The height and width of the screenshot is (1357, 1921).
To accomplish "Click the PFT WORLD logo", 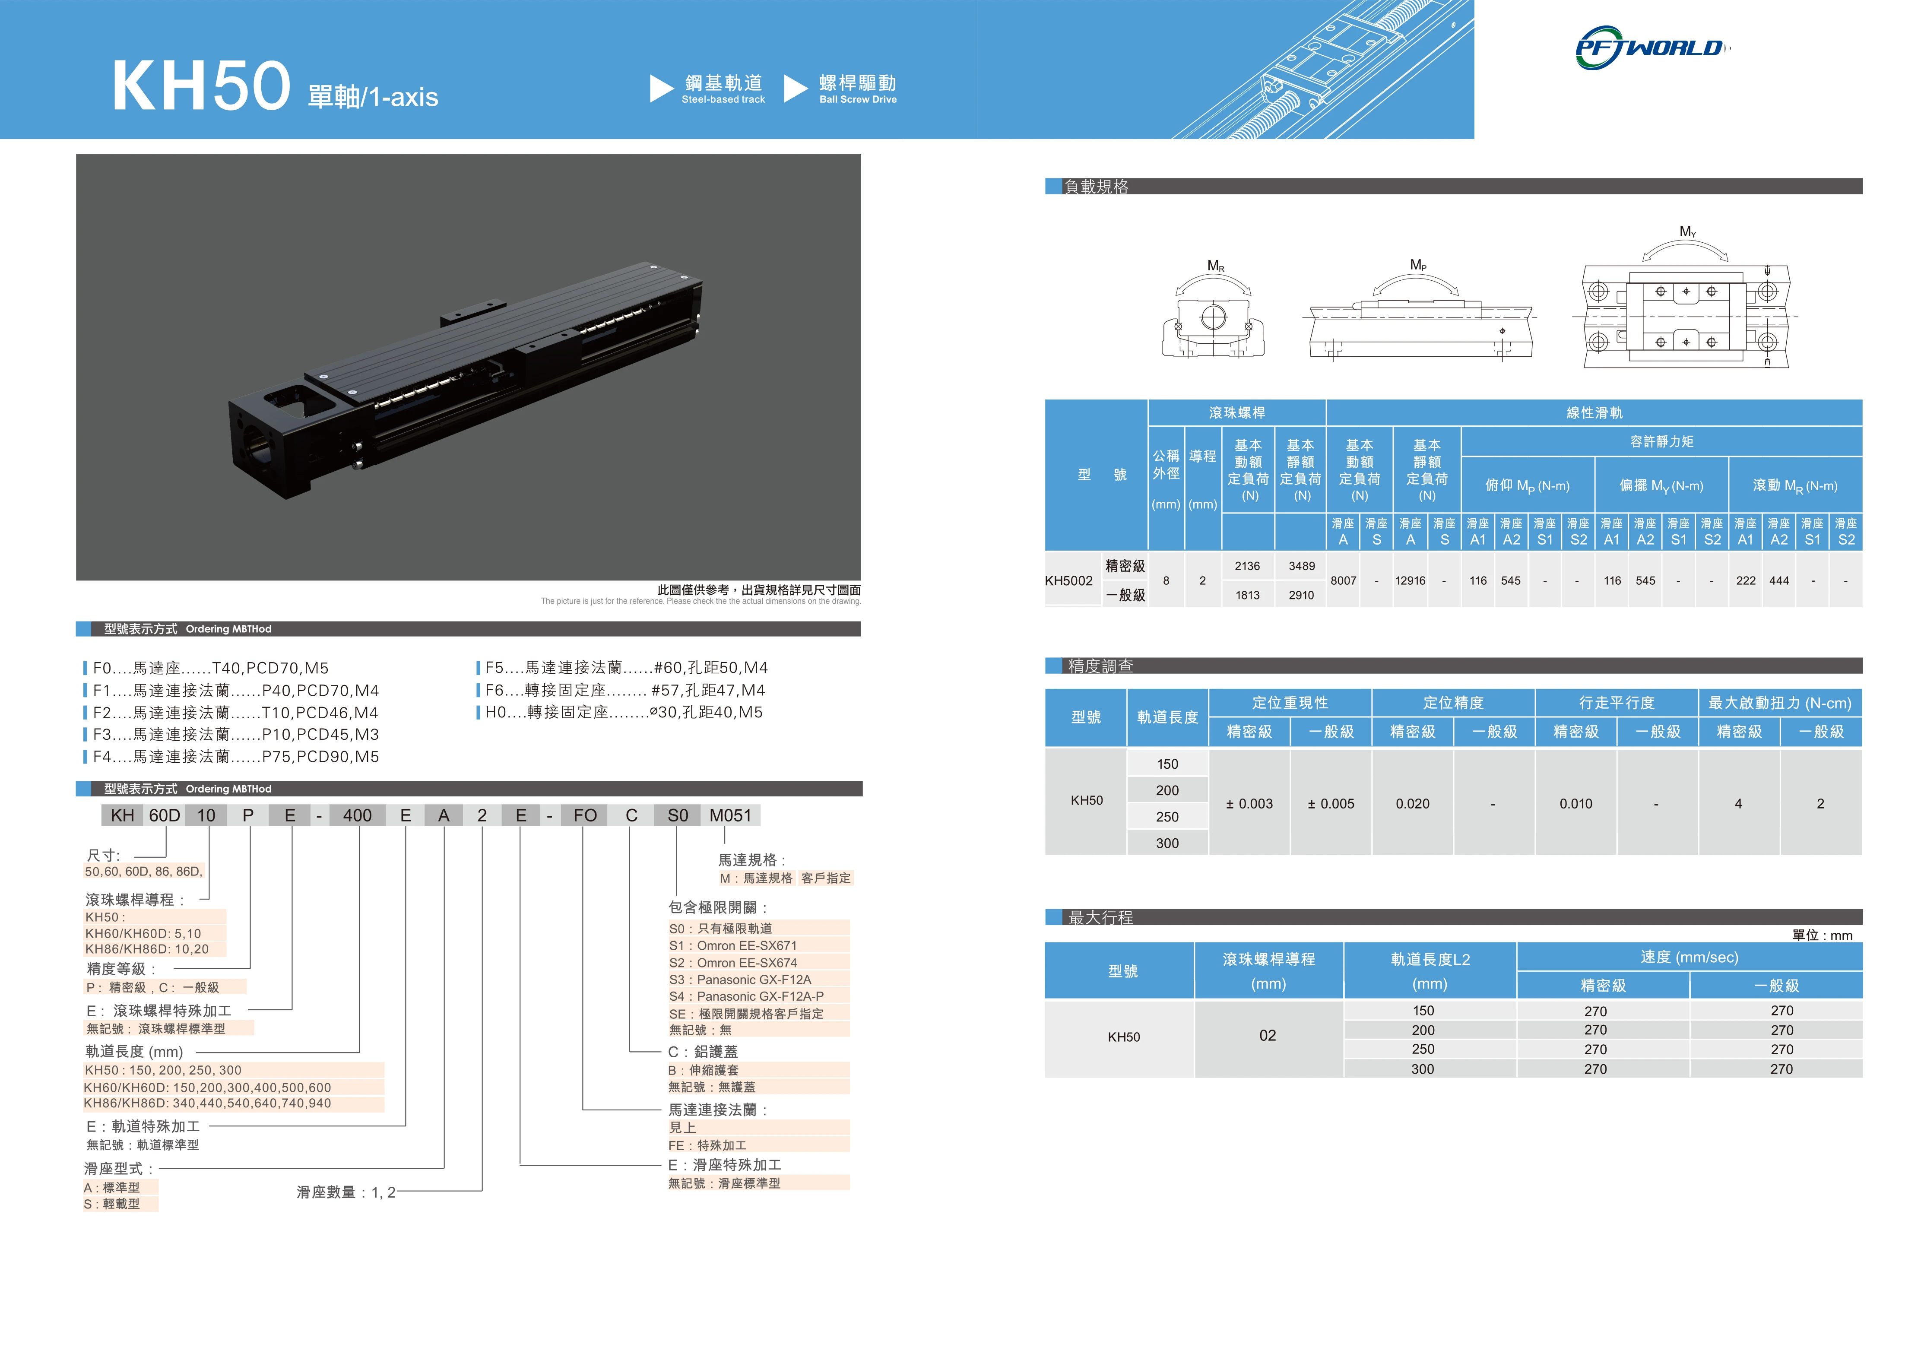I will (x=1650, y=48).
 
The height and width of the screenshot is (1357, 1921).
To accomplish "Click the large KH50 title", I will (x=201, y=86).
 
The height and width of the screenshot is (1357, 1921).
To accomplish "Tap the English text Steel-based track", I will (x=723, y=100).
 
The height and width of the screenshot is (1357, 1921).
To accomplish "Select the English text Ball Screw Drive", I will (x=858, y=100).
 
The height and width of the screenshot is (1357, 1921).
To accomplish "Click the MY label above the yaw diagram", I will (x=1687, y=232).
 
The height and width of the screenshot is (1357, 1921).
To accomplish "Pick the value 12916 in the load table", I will (x=1410, y=580).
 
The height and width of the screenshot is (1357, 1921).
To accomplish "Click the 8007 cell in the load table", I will (x=1343, y=580).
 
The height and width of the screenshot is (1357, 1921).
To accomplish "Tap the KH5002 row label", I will (x=1068, y=580).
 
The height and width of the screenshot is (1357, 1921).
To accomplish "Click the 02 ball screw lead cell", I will (x=1268, y=1036).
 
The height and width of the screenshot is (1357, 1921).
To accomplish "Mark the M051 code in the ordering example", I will (x=730, y=816).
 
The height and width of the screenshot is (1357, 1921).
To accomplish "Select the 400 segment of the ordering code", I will (x=357, y=816).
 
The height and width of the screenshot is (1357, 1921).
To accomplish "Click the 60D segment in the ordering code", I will (x=164, y=816).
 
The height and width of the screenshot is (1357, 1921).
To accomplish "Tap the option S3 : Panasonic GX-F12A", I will (x=740, y=980).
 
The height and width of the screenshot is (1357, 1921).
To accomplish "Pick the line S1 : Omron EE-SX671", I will (x=733, y=945).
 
